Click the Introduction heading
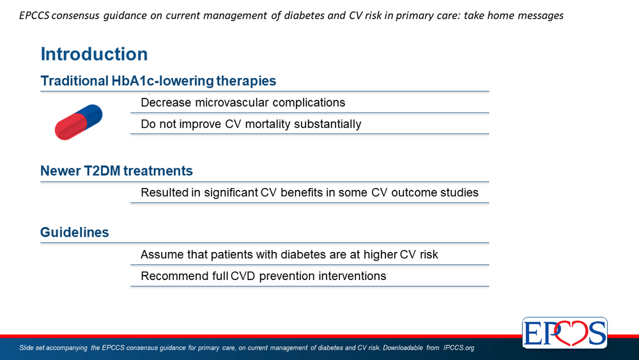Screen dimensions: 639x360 point(94,54)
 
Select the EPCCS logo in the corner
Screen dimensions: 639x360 point(565,333)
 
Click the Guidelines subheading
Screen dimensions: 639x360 point(75,232)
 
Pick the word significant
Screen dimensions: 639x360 point(231,193)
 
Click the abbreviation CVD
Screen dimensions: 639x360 point(243,276)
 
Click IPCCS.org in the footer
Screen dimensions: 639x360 point(459,348)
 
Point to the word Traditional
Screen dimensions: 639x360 point(75,81)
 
